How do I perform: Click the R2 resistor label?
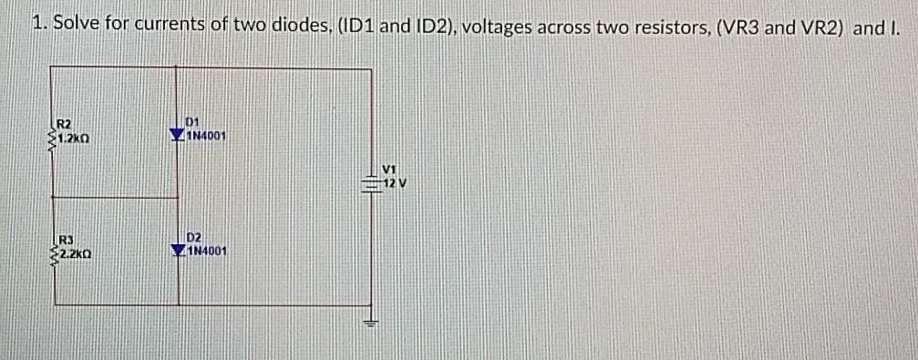(x=65, y=123)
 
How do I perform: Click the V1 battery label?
(x=391, y=169)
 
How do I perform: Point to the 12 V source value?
(x=394, y=182)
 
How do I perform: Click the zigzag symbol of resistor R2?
(x=54, y=137)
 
